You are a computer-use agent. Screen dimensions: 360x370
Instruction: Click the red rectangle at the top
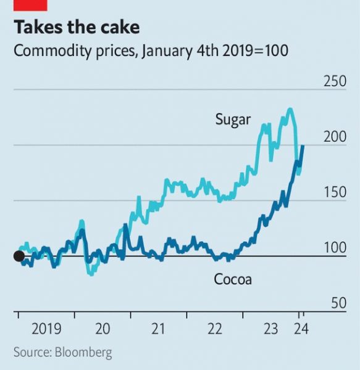30,5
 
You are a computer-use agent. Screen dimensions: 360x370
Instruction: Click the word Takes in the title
38,27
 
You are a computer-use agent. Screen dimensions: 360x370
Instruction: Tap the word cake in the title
120,27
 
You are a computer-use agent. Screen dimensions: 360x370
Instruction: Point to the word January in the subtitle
167,51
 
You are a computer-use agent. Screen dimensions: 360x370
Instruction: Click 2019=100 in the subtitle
255,51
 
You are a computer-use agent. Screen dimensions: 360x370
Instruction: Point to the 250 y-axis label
335,81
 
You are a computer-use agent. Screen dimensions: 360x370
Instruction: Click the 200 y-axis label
335,137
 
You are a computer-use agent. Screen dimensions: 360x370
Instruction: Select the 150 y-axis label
335,192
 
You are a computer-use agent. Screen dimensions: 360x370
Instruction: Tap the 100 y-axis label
335,248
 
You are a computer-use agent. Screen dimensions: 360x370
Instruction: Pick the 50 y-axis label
339,303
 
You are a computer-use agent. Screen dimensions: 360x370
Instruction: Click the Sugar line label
233,120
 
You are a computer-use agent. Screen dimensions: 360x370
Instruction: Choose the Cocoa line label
233,279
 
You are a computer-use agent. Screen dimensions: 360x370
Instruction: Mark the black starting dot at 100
19,256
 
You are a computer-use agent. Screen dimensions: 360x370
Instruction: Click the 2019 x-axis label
46,329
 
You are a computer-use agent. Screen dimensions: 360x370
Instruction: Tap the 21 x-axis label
158,329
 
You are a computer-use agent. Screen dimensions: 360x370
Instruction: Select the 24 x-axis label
301,329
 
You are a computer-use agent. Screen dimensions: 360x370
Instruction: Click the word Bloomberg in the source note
83,353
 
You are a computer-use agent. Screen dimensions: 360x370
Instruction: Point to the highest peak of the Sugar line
290,109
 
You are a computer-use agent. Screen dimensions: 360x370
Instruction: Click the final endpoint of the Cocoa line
303,146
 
